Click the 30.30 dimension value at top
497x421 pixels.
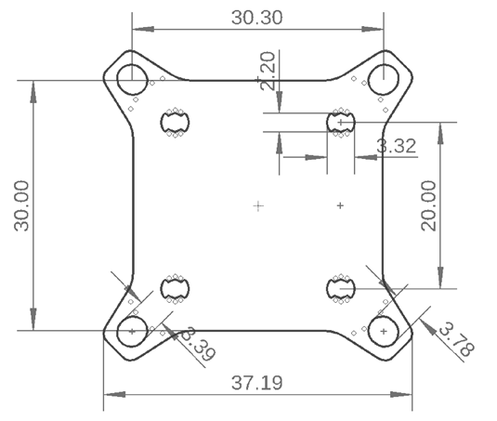pos(257,18)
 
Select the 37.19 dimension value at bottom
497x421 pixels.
pos(257,382)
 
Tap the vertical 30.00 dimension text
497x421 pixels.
pos(20,205)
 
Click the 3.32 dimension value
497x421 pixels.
pos(395,145)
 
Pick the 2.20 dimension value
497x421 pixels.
pos(268,71)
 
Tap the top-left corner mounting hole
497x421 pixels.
pos(132,79)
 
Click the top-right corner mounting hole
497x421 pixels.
pos(383,79)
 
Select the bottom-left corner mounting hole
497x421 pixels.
pos(132,330)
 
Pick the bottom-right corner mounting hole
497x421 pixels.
pos(383,330)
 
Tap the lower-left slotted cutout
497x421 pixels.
pos(174,289)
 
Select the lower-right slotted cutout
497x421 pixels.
pos(341,289)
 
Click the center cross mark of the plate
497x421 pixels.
pos(258,205)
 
